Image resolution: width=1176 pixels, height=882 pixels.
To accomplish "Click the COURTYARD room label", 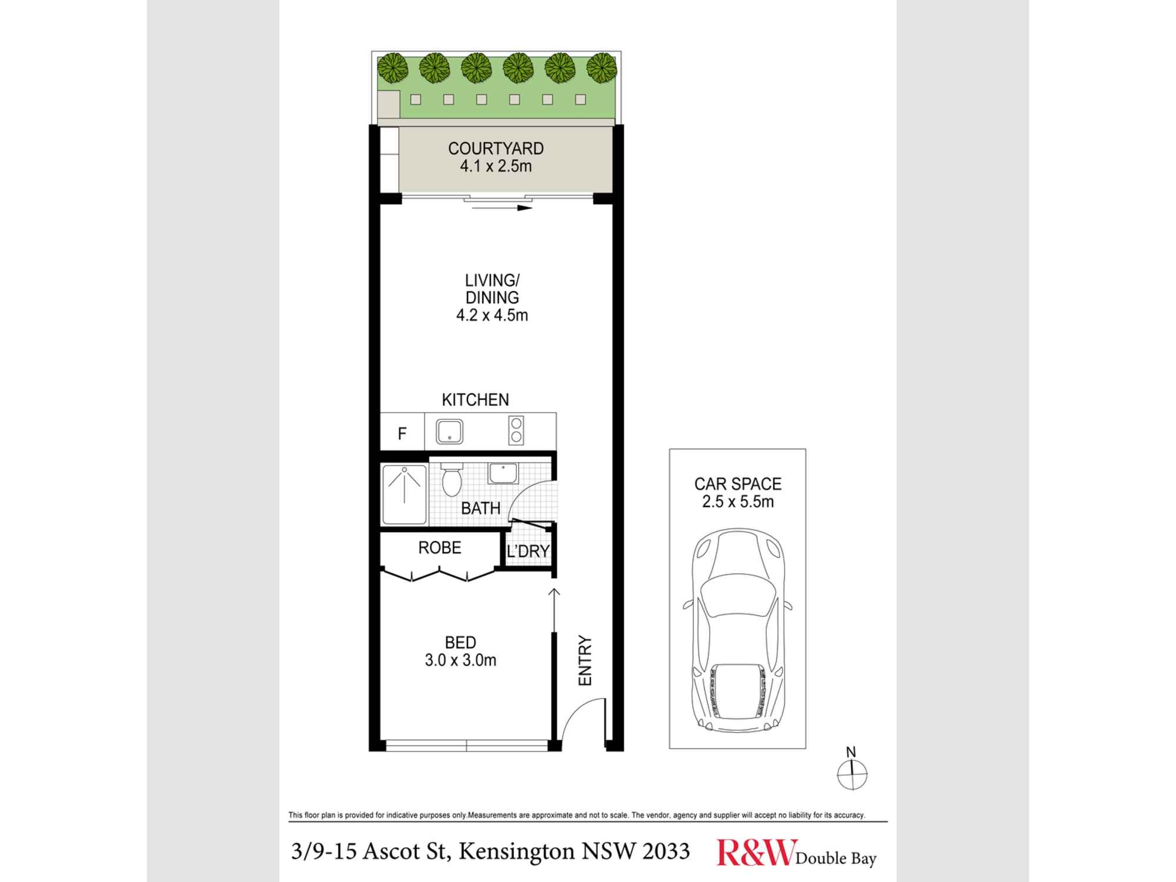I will point(496,148).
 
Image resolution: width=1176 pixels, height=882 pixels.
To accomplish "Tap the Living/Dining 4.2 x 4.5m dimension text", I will point(492,316).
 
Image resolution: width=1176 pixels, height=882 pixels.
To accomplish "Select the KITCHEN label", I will point(475,400).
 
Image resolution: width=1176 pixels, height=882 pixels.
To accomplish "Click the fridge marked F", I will point(402,434).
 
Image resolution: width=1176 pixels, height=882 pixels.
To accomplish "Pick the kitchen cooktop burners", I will point(516,430).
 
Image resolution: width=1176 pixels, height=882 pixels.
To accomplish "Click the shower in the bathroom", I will point(405,494).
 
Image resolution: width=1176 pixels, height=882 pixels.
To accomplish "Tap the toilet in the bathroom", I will point(452,480).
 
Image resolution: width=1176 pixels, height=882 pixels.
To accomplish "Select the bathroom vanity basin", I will point(503,473).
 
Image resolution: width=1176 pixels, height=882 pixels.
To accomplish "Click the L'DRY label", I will point(528,552).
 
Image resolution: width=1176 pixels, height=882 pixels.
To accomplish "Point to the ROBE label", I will point(440,548).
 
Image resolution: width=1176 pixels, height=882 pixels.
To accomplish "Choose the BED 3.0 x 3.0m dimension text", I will point(460,660).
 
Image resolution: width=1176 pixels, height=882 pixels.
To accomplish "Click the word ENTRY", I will point(586,660).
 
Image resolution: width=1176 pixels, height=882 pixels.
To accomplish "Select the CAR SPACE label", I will point(738,484).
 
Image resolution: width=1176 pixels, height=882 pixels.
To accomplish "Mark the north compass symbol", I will point(851,774).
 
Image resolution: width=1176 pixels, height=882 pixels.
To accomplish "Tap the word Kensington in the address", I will point(516,851).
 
